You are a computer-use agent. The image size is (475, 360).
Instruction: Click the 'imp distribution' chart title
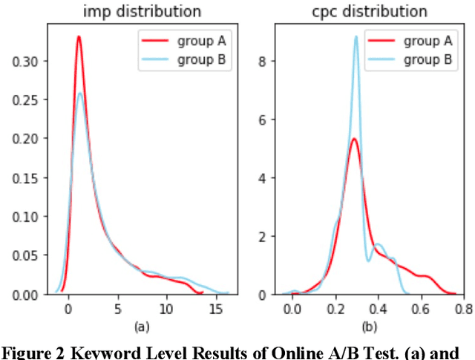pos(151,12)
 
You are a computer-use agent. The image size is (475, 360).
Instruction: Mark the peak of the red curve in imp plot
pos(79,36)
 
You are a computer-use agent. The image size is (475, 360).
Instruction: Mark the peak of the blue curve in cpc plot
pos(356,36)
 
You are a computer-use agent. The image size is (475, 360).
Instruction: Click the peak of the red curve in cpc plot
pos(355,139)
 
